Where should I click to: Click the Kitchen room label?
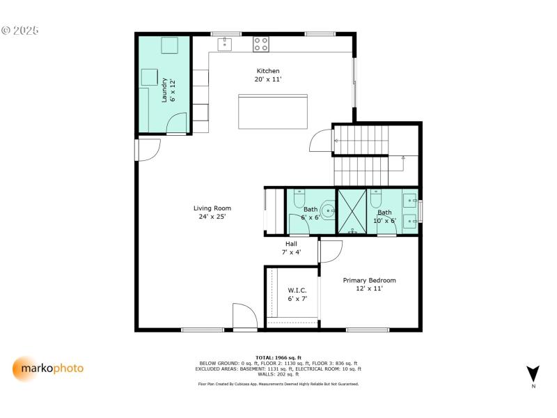pos(268,71)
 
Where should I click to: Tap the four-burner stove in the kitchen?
pos(261,44)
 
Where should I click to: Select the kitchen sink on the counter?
pos(225,45)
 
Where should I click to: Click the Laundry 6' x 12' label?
pos(168,91)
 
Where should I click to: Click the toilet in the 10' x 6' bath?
pos(377,197)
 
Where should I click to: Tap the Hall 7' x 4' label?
pos(291,247)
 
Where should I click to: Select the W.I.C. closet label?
pos(297,294)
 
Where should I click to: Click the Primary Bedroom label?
pos(369,284)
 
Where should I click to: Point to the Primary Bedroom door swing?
pos(331,251)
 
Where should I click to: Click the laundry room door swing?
pos(178,125)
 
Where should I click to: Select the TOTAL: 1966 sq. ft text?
pos(278,357)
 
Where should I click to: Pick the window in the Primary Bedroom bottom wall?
pos(368,329)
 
